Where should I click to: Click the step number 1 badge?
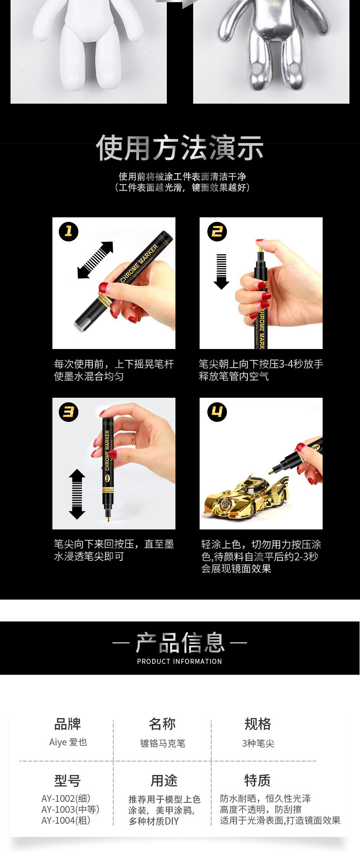tap(68, 231)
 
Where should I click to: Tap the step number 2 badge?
tap(217, 231)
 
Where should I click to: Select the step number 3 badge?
tap(68, 412)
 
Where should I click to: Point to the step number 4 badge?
tap(217, 412)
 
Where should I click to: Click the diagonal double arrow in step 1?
tap(95, 260)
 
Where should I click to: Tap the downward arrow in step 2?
tap(221, 272)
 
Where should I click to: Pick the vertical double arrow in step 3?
tap(77, 494)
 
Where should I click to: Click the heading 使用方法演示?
tap(180, 148)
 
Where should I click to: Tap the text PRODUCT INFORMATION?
tap(180, 661)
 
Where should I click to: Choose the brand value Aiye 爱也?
tap(68, 742)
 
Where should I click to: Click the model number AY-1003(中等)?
tap(70, 809)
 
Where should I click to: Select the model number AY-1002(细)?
tap(66, 798)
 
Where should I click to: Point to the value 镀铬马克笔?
tap(163, 744)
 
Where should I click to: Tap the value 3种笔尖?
tap(258, 744)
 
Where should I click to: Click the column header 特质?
tap(257, 780)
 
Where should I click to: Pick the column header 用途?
tap(164, 780)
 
